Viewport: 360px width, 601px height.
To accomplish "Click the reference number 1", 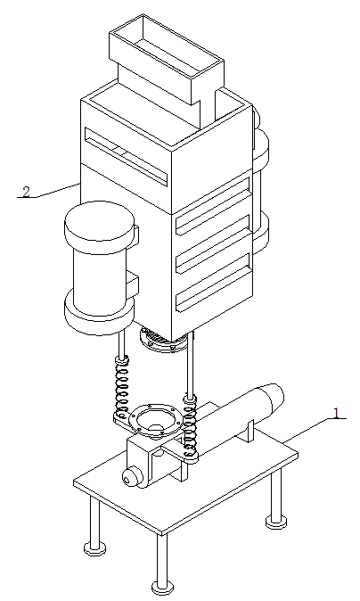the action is coord(336,413).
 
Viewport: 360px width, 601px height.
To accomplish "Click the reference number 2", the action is coord(26,192).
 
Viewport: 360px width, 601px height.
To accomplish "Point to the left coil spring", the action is coord(123,388).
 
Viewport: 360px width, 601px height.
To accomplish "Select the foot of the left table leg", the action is coord(94,548).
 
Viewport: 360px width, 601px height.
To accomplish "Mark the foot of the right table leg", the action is coord(276,522).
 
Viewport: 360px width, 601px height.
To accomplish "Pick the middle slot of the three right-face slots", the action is coord(213,244).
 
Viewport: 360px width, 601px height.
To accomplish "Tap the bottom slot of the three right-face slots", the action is coord(213,282).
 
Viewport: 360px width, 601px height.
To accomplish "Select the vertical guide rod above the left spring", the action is coord(121,345).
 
